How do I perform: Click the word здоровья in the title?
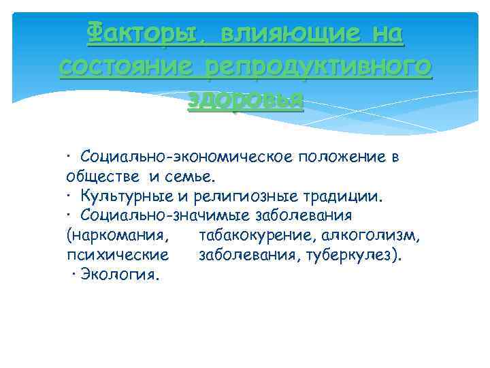click(x=245, y=100)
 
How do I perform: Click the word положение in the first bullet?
click(x=340, y=157)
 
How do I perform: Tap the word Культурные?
click(x=127, y=197)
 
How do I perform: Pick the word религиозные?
click(x=242, y=197)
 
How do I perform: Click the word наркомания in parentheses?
click(x=118, y=236)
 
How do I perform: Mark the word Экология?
click(x=120, y=275)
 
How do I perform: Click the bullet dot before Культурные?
click(x=69, y=197)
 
